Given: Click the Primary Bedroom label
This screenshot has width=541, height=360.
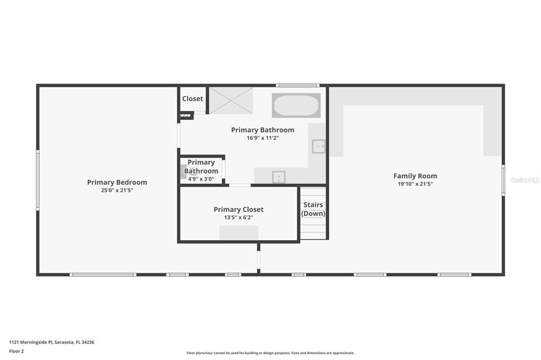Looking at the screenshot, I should click(117, 182).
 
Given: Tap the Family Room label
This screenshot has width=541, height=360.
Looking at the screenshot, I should click(415, 176).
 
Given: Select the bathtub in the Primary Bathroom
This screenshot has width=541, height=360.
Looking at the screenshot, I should click(296, 106).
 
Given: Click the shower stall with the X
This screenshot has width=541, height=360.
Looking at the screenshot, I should click(231, 100).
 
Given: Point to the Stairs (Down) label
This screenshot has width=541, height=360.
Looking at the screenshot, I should click(313, 209).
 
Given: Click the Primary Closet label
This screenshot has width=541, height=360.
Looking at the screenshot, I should click(238, 210).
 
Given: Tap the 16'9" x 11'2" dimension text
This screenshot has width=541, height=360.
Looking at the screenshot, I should click(263, 138).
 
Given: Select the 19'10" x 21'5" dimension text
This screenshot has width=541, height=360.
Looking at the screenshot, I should click(415, 184).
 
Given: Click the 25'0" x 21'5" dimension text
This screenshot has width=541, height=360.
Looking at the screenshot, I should click(117, 190).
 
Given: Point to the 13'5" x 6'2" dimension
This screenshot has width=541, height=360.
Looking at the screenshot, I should click(238, 217).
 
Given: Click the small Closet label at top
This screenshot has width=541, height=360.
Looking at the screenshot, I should click(192, 99).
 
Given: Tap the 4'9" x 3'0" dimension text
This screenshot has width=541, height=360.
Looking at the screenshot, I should click(201, 179).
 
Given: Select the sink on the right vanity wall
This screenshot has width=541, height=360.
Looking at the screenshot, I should click(319, 146).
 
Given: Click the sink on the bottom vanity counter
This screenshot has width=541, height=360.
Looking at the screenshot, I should click(278, 177).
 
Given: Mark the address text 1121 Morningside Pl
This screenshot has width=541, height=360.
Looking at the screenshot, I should click(51, 342).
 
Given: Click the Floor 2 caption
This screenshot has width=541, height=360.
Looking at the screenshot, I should click(16, 351).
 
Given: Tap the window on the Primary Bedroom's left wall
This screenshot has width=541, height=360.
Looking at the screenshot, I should click(38, 179).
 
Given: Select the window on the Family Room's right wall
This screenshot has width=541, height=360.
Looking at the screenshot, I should click(503, 180).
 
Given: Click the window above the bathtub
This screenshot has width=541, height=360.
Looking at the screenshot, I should click(297, 86).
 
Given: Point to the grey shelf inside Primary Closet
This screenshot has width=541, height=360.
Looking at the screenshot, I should click(239, 233).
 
